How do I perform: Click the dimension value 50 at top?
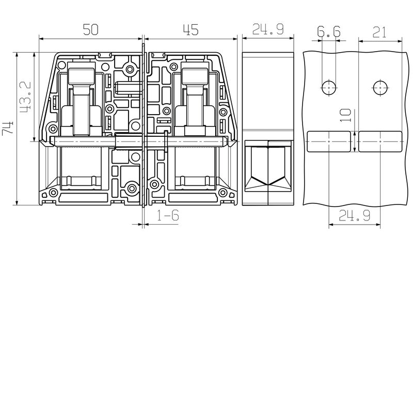[x=91, y=30]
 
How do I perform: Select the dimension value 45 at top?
[x=190, y=30]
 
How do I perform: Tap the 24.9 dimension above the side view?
[x=268, y=30]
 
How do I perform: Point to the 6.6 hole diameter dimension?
[x=329, y=33]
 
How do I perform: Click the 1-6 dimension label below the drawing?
[x=168, y=216]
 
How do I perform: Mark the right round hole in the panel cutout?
[x=380, y=88]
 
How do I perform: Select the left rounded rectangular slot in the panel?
[x=329, y=141]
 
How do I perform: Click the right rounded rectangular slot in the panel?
[x=380, y=141]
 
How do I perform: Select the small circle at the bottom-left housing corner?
[x=53, y=194]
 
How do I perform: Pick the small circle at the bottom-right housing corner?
[x=226, y=194]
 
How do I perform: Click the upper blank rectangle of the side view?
[x=268, y=90]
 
